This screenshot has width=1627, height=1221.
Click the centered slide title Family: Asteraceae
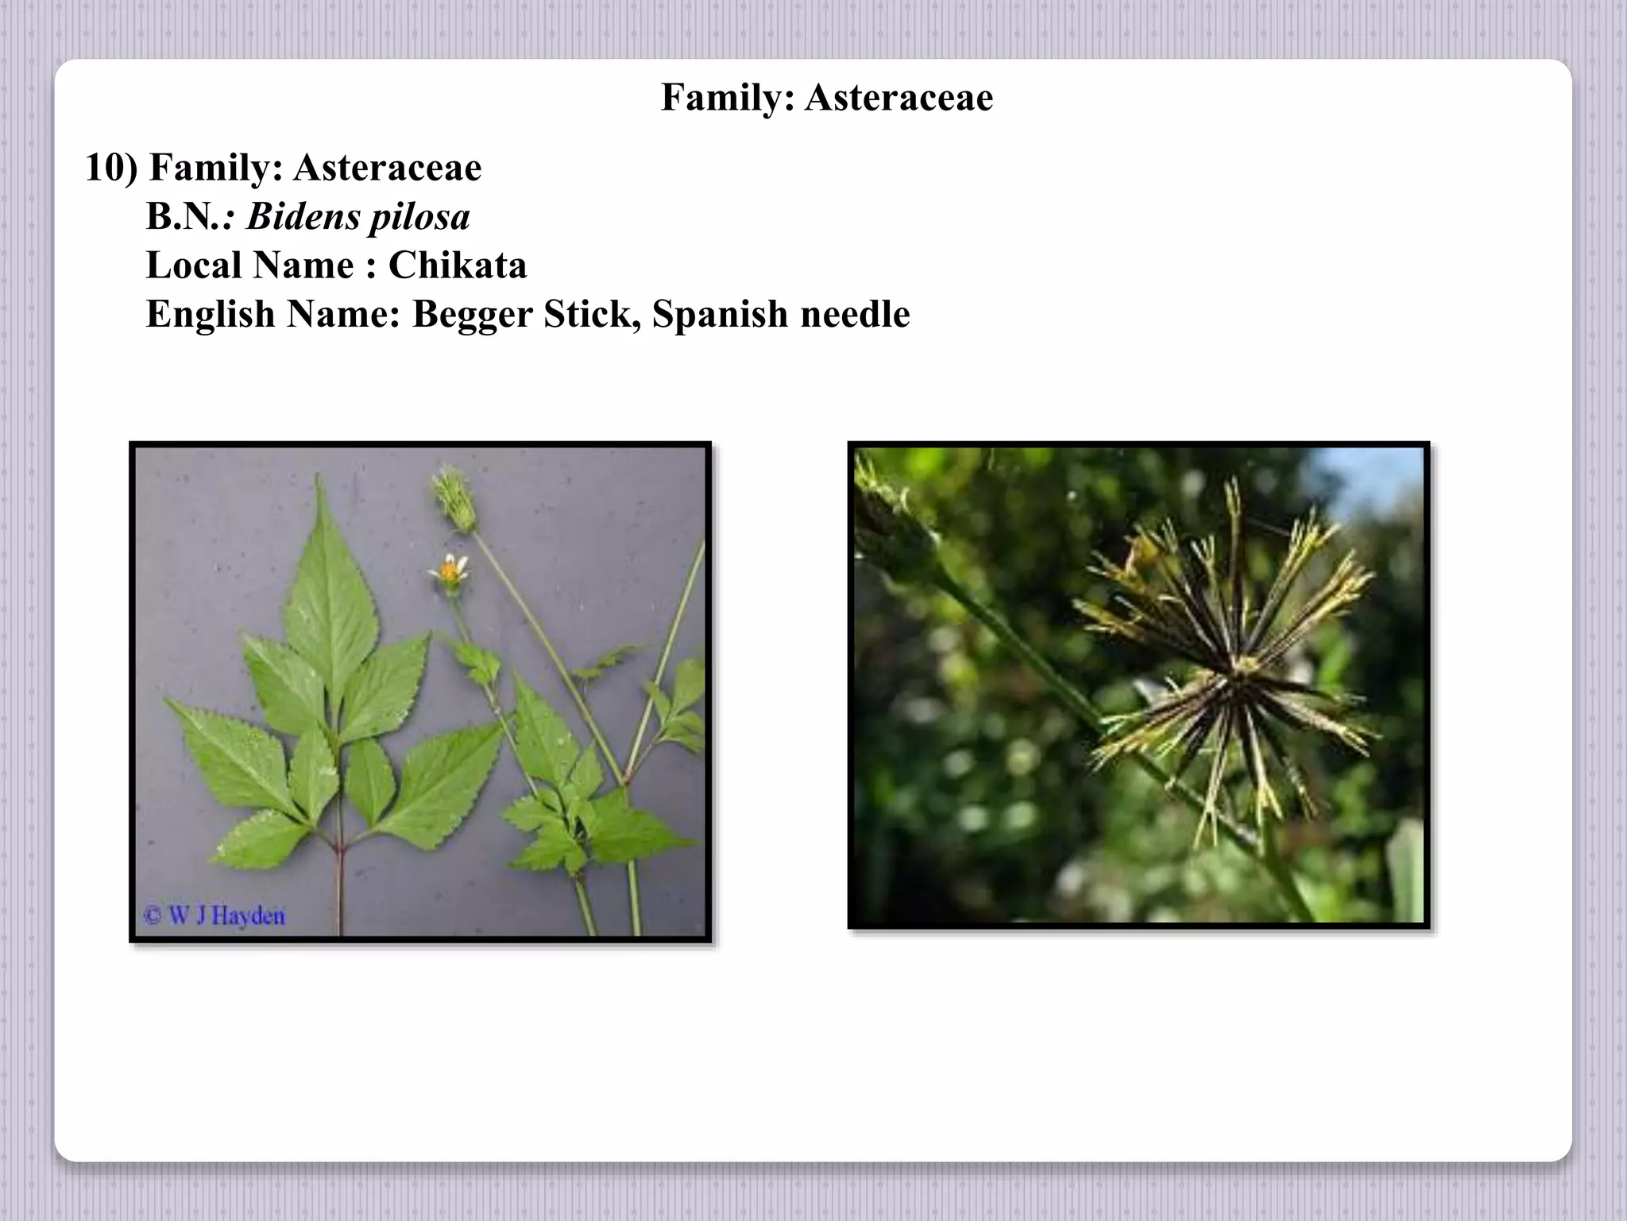coord(826,98)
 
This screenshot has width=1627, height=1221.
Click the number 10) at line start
coord(110,168)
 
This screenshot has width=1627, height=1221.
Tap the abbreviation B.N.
coord(184,217)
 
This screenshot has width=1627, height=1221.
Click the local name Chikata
coord(458,266)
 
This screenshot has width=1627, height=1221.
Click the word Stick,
coord(593,315)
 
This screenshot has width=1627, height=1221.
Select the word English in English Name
coord(211,315)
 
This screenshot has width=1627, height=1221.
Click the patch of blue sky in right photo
coord(1382,477)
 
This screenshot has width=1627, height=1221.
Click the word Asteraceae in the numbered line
coord(388,168)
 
